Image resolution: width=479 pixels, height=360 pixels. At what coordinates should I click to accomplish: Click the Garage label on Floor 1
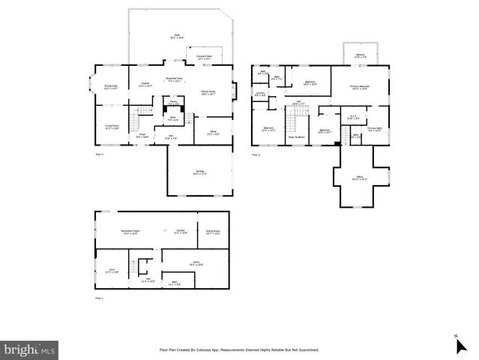[199, 172]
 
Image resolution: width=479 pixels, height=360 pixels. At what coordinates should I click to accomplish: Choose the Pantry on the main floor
[172, 102]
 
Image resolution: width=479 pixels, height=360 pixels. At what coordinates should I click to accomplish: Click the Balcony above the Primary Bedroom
[361, 55]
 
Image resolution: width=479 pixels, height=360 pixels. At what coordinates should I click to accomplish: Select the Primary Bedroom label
[361, 88]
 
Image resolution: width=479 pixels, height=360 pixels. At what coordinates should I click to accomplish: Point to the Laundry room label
[260, 94]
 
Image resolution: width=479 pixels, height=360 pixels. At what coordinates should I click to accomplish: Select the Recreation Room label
[132, 232]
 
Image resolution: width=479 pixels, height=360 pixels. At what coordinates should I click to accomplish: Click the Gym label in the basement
[111, 271]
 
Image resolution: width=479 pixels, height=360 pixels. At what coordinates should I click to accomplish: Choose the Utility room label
[196, 264]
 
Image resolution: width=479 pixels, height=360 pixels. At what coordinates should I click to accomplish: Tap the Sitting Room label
[212, 232]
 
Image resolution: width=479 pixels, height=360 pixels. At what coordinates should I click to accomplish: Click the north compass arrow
[460, 346]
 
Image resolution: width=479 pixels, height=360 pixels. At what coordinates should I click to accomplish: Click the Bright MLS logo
[30, 349]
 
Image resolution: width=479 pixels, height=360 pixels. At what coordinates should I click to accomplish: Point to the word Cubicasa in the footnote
[217, 349]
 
